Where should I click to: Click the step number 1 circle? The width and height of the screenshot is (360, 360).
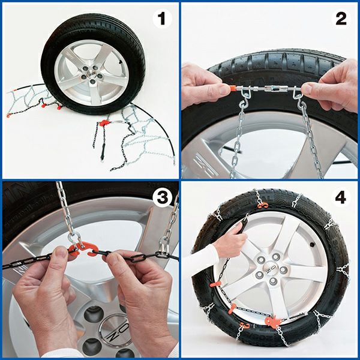[x=163, y=19]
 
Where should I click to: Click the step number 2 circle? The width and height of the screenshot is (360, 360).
[x=341, y=19]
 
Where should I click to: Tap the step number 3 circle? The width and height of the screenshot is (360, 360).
[x=163, y=198]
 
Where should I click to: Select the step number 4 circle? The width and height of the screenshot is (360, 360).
[x=341, y=198]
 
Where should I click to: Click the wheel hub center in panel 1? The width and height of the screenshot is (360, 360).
[x=92, y=74]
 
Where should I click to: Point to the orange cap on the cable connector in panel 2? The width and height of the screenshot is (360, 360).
[x=232, y=88]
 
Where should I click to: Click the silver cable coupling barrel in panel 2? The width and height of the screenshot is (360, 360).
[x=272, y=89]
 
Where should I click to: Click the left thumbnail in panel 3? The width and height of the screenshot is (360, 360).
[x=61, y=253]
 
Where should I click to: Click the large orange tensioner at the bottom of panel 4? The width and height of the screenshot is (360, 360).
[x=273, y=321]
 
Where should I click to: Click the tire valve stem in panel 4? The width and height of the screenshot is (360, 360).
[x=311, y=245]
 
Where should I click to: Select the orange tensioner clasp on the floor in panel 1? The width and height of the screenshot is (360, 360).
[x=104, y=123]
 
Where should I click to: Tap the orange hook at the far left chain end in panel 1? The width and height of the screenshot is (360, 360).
[x=8, y=115]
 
